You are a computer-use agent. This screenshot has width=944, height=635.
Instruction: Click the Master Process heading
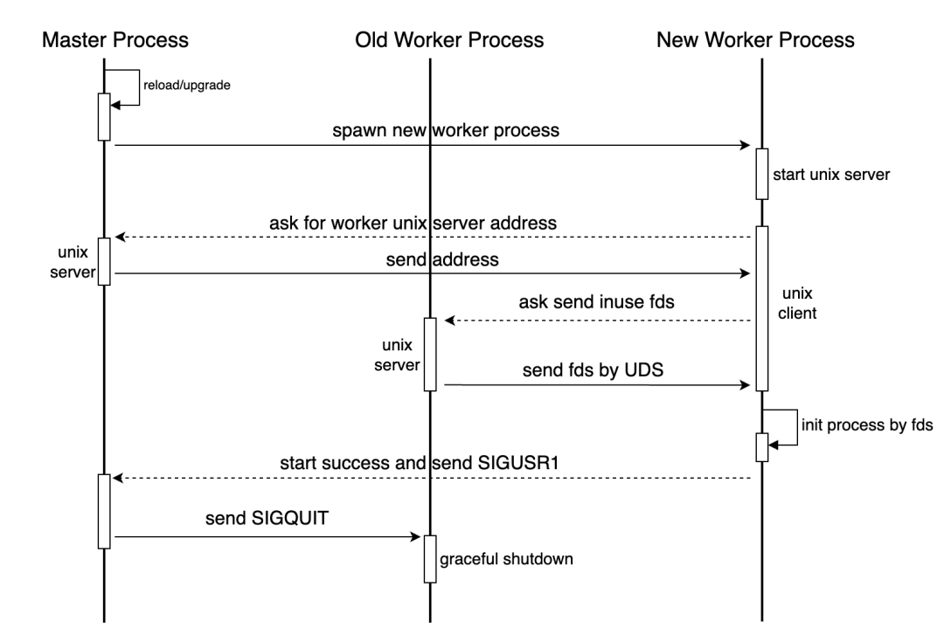tap(115, 39)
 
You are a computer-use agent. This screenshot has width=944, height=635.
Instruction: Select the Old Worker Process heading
tap(449, 39)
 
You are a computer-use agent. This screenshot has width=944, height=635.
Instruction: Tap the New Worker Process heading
tap(755, 39)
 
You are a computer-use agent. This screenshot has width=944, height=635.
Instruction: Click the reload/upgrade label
tap(187, 86)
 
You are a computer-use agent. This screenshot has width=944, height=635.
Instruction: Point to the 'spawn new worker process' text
tap(446, 130)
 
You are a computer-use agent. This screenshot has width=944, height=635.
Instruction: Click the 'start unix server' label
tap(831, 175)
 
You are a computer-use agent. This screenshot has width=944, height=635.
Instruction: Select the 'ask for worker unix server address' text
tap(413, 224)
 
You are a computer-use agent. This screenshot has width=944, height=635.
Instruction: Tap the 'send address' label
tap(442, 259)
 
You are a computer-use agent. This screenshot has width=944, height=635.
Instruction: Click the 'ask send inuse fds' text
tap(597, 301)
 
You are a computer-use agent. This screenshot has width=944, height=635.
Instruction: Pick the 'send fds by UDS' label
tap(593, 369)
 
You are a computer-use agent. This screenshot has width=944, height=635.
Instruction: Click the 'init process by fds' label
tap(867, 425)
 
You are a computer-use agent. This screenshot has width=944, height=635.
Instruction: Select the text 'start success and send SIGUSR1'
tap(420, 463)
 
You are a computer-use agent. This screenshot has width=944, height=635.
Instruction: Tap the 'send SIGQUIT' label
tap(267, 518)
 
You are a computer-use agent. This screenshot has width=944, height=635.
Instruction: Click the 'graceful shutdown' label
tap(506, 559)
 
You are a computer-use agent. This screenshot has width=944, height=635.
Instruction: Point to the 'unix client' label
tap(797, 303)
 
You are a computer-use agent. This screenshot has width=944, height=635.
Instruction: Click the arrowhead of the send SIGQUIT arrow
tap(415, 536)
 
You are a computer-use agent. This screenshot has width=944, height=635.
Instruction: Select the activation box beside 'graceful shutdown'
tap(430, 559)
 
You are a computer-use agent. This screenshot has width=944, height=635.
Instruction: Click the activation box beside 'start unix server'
tap(762, 174)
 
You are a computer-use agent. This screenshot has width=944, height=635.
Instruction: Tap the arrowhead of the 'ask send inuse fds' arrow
tap(449, 321)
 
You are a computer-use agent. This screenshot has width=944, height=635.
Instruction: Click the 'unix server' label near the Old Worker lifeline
tap(397, 355)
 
